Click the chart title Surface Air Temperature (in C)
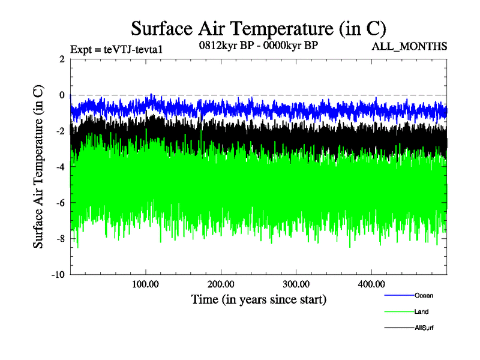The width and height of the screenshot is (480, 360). (259, 28)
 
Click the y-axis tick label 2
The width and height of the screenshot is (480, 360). (62, 59)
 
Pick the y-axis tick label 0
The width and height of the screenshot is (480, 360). (62, 95)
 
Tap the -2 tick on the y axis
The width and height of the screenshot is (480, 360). (60, 131)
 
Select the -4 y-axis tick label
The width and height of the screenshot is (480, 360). (60, 167)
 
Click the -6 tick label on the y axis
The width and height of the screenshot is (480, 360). (60, 203)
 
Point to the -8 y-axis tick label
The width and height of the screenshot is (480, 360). (60, 239)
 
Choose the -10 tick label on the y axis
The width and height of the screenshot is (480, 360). (58, 275)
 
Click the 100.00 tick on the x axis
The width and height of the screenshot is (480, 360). (146, 283)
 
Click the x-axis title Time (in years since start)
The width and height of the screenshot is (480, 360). (259, 299)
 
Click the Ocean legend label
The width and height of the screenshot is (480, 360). (424, 295)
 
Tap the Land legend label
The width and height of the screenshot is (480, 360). (421, 311)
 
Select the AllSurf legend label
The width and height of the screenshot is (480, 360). (424, 328)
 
